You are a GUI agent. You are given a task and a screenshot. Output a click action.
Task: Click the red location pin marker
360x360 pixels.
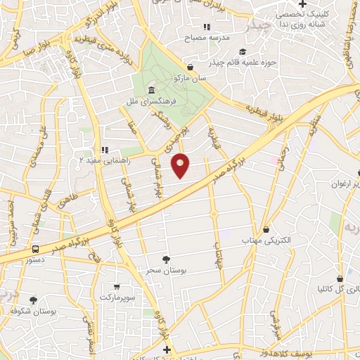(181, 165)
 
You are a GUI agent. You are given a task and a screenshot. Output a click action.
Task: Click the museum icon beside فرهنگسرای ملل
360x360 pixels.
(152, 90)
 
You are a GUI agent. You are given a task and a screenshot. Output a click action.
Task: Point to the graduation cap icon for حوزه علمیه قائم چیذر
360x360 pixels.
(243, 51)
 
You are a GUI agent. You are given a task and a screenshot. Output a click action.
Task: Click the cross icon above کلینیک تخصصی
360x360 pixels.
(302, 4)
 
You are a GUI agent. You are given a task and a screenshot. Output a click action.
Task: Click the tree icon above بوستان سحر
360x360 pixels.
(166, 259)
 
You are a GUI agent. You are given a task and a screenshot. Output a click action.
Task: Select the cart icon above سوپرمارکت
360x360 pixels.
(116, 287)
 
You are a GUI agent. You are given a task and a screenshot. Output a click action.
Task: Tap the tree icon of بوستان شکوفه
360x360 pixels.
(33, 300)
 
